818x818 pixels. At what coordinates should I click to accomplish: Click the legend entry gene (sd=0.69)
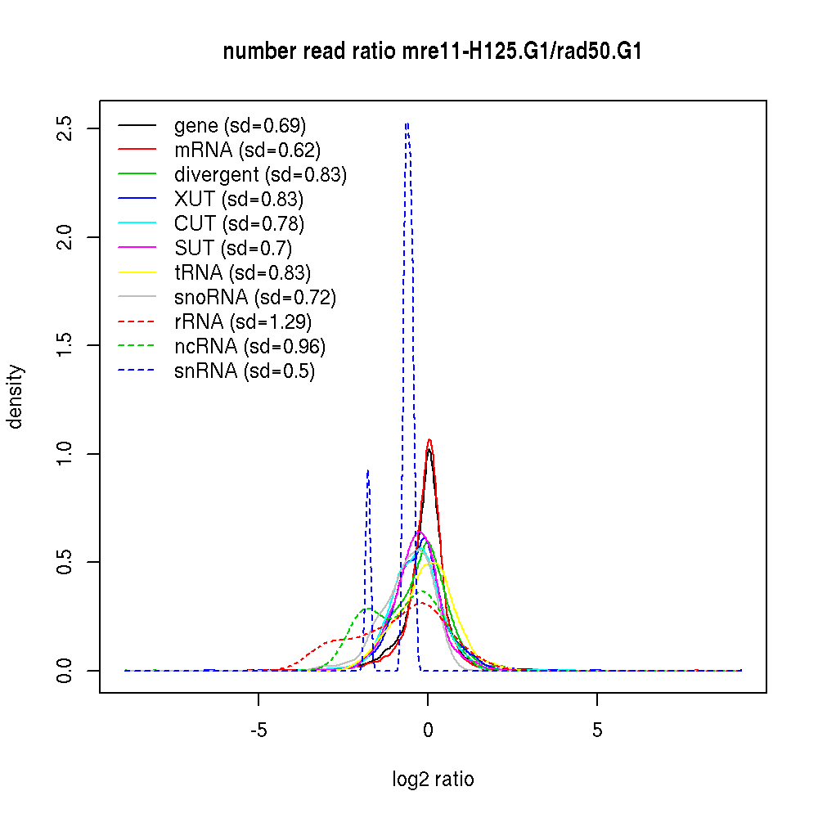[240, 125]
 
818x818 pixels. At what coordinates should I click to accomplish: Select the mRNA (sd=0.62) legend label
[247, 150]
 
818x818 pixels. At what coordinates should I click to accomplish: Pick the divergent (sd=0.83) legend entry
[260, 174]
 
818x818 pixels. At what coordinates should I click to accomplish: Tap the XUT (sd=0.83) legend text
[238, 199]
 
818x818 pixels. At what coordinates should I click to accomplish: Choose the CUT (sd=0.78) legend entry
[239, 223]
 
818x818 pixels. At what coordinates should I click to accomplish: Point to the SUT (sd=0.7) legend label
[233, 248]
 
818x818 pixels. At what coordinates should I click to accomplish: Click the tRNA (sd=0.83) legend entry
[242, 272]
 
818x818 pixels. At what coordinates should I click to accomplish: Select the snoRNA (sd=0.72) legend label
[255, 297]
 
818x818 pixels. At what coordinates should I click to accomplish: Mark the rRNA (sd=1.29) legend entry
[243, 321]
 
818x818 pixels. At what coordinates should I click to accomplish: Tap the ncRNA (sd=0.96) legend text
[249, 346]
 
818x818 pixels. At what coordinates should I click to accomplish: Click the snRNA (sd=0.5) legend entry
[245, 371]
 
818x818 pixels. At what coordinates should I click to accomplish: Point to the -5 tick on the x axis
[258, 730]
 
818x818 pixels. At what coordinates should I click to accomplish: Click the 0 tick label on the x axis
[428, 730]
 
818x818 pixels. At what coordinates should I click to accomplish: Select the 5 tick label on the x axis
[597, 730]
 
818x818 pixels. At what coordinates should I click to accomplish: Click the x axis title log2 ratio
[433, 780]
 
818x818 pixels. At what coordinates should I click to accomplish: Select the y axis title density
[16, 397]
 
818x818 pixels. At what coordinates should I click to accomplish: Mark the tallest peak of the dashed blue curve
[407, 124]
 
